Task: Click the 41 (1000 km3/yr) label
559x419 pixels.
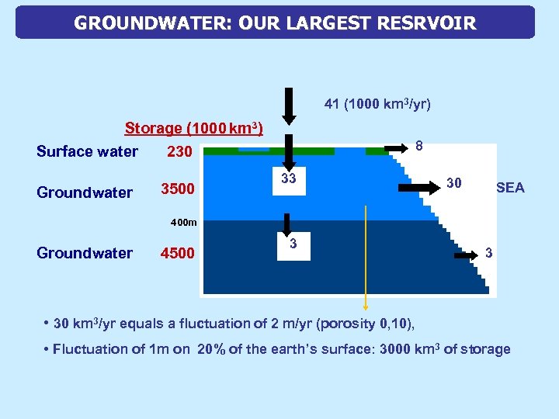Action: (x=377, y=103)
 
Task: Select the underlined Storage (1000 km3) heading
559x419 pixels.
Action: (x=194, y=128)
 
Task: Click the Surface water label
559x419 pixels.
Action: (x=87, y=152)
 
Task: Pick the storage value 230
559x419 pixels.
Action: (x=179, y=152)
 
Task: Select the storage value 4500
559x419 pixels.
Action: (x=177, y=253)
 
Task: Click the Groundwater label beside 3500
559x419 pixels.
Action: (x=85, y=192)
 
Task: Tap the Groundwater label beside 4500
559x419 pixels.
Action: (x=85, y=253)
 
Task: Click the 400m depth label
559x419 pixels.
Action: (x=184, y=223)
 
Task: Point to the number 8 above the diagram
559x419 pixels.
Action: (x=419, y=146)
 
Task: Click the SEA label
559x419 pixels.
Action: (x=509, y=188)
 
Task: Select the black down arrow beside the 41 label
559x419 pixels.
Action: (x=288, y=106)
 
